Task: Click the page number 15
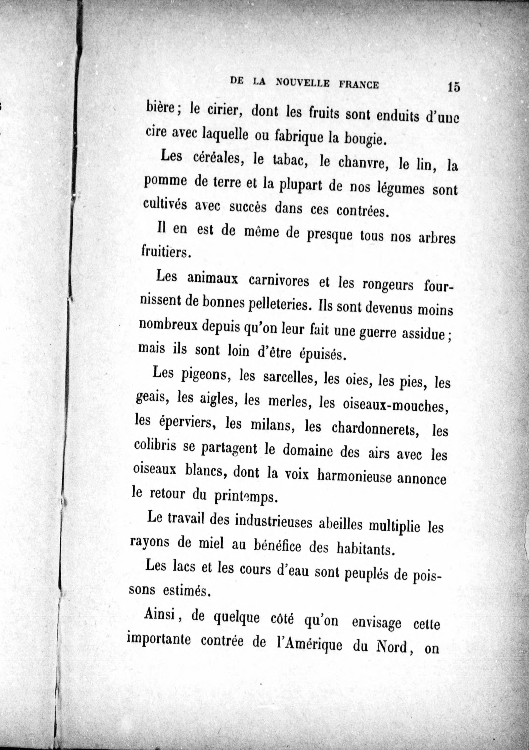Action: [454, 87]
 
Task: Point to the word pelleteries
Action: [277, 304]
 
